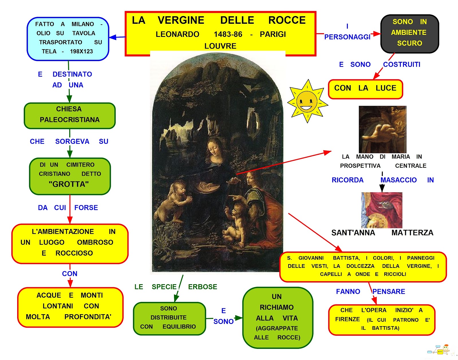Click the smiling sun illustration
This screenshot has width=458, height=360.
(307, 101)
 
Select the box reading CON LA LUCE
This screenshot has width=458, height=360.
(366, 89)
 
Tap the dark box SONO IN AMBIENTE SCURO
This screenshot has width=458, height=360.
(409, 33)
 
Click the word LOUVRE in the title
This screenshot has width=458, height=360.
(220, 46)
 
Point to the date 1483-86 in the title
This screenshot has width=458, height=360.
(228, 34)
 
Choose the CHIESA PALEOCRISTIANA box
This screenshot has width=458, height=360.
(70, 116)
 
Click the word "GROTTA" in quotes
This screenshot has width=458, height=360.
(68, 184)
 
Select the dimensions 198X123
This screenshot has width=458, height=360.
(81, 52)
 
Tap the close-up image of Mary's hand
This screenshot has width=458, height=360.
(382, 129)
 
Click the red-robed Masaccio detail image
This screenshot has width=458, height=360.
(382, 210)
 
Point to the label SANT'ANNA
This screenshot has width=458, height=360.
(353, 233)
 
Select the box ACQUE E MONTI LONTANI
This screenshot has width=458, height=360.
(70, 307)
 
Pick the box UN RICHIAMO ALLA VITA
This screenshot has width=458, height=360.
(278, 318)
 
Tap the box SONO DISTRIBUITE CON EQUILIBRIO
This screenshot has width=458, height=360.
(169, 319)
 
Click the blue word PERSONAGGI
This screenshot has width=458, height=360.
(347, 37)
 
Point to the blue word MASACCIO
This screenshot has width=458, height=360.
(398, 180)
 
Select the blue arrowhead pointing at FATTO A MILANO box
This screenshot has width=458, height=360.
(113, 37)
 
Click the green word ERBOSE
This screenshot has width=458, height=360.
(203, 287)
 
